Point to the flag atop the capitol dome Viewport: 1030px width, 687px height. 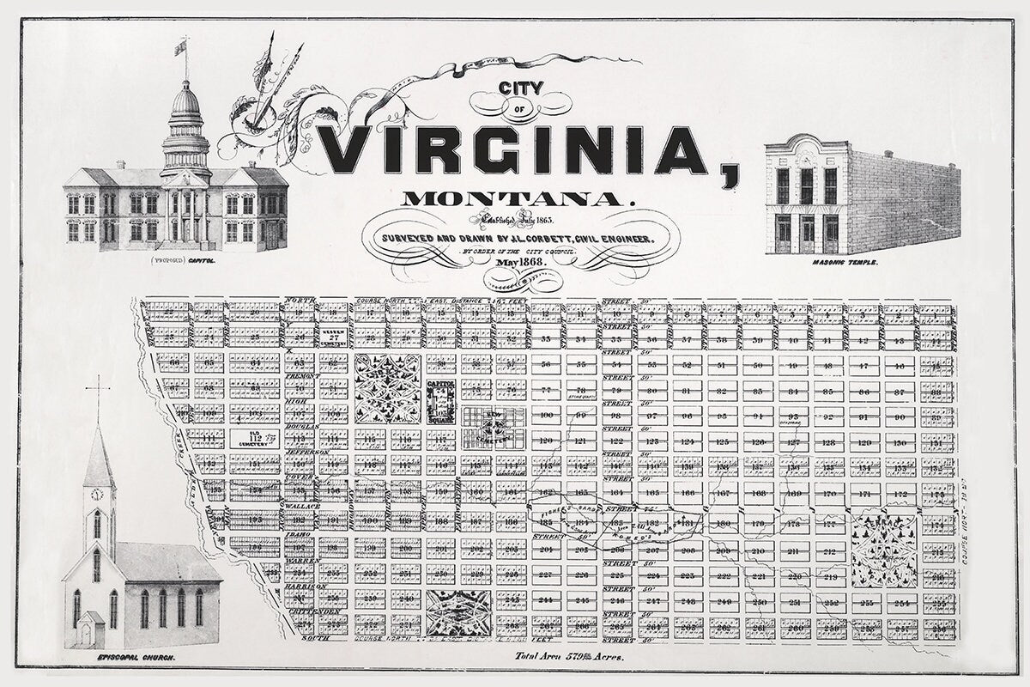pos(179,46)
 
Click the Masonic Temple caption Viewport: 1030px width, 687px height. pos(845,262)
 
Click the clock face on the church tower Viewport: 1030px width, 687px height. pos(97,494)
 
